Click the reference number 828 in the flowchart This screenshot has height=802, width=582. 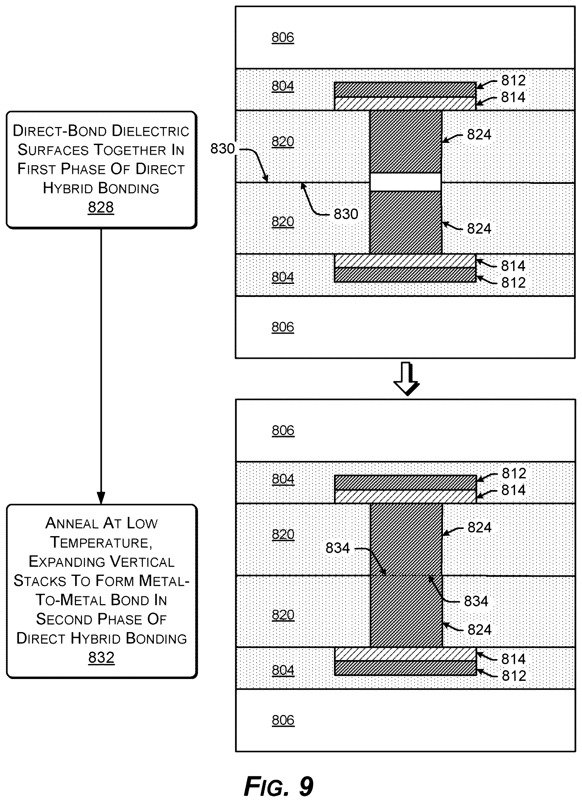tap(101, 207)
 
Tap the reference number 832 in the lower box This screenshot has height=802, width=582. tap(102, 657)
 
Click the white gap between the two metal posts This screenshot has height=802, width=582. tap(406, 182)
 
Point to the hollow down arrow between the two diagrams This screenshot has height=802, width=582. tap(406, 378)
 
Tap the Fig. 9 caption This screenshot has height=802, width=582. tap(279, 786)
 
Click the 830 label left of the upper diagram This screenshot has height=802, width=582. tap(223, 148)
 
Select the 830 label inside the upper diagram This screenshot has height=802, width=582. tap(346, 214)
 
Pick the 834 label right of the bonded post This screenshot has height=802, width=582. tap(476, 601)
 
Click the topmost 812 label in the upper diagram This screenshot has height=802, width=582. tap(513, 81)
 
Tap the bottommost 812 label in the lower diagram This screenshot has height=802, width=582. tap(514, 676)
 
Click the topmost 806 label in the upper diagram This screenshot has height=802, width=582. tap(283, 37)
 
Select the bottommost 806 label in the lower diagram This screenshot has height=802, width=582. tap(283, 720)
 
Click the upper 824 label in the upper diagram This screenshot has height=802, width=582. tap(479, 134)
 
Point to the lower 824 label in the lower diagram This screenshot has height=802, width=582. tap(480, 630)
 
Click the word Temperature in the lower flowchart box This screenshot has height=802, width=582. tap(102, 542)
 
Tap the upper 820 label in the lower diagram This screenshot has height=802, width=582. tap(283, 534)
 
